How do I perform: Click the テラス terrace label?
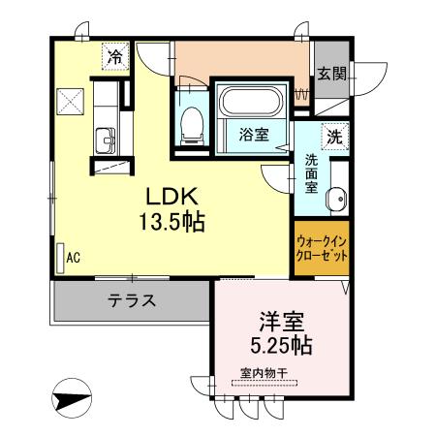(x=131, y=299)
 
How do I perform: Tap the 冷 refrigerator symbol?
(x=115, y=57)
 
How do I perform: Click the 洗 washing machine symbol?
(x=335, y=137)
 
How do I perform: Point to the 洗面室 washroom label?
(x=312, y=174)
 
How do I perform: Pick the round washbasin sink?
(x=336, y=202)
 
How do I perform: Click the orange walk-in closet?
(x=323, y=247)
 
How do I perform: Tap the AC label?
(x=73, y=258)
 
